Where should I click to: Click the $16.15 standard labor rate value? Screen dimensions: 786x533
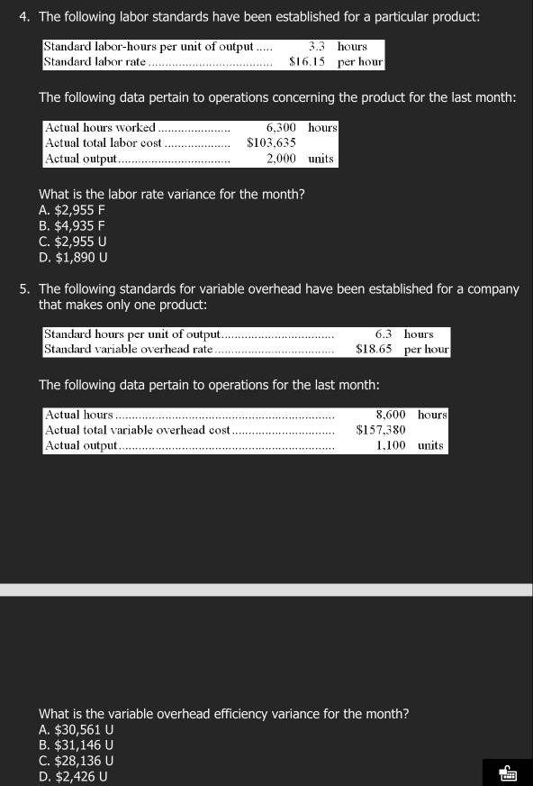click(x=307, y=62)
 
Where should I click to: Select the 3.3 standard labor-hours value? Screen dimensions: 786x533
click(x=316, y=46)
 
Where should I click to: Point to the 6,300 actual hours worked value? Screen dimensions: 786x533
click(x=281, y=128)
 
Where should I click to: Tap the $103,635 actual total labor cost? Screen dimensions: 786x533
click(x=271, y=143)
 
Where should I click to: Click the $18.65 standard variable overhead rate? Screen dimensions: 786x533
click(x=374, y=349)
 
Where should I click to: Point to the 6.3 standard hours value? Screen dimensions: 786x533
click(x=384, y=334)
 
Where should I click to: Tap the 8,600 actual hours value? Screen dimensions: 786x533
click(x=390, y=415)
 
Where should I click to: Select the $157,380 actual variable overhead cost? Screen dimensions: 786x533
click(x=380, y=430)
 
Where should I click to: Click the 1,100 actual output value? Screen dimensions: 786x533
click(x=390, y=445)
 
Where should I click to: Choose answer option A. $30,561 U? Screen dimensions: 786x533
click(x=77, y=729)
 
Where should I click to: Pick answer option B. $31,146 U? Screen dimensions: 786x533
click(x=77, y=745)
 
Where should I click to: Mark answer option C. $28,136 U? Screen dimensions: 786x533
click(x=77, y=760)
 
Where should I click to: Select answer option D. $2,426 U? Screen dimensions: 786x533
click(x=73, y=775)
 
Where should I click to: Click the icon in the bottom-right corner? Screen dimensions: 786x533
click(x=507, y=772)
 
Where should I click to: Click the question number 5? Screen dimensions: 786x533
click(x=23, y=289)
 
